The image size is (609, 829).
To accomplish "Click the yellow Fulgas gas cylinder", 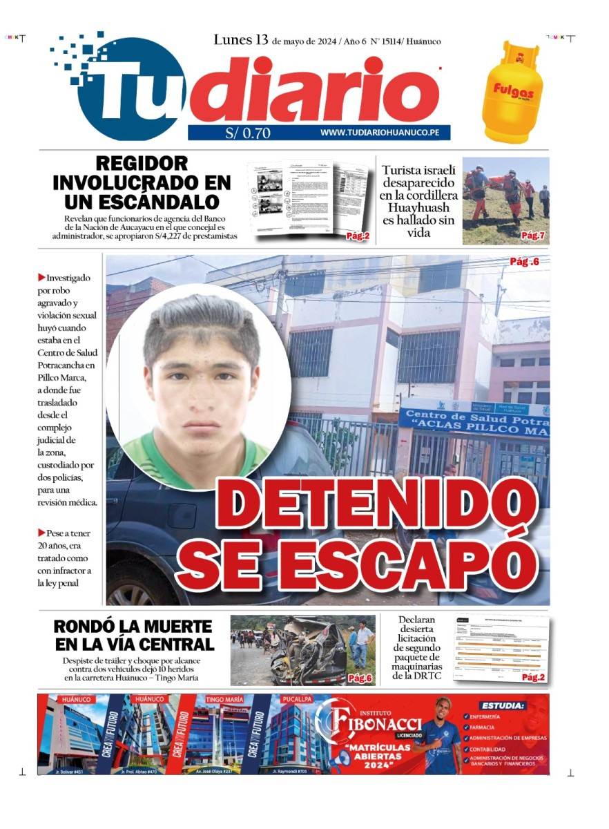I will click(512, 91).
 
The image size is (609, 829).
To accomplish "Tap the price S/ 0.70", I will click(248, 133).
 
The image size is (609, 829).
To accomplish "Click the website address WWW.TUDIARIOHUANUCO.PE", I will click(380, 133).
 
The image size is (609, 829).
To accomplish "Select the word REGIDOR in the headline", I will click(142, 164).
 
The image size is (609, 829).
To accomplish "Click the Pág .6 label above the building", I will click(524, 261).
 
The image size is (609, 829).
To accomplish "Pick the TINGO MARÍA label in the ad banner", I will click(224, 699).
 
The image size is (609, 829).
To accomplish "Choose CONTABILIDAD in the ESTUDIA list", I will click(496, 749).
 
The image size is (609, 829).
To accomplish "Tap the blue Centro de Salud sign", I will click(474, 422).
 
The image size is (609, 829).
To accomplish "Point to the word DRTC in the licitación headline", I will click(427, 675).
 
